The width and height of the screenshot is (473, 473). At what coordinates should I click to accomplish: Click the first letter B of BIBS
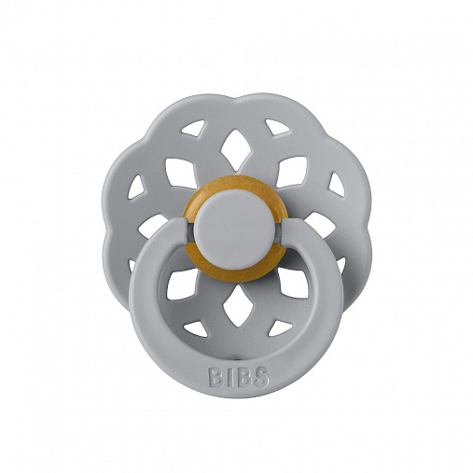point(216,378)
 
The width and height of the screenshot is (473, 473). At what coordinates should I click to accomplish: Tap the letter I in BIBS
point(229,378)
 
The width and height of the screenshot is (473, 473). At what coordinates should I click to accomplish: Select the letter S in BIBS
point(260,377)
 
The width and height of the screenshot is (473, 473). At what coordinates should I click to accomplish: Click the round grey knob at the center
point(237,229)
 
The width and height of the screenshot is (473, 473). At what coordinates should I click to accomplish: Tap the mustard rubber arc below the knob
point(236,273)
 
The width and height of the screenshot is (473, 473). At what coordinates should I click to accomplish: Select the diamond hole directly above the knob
point(237,146)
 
